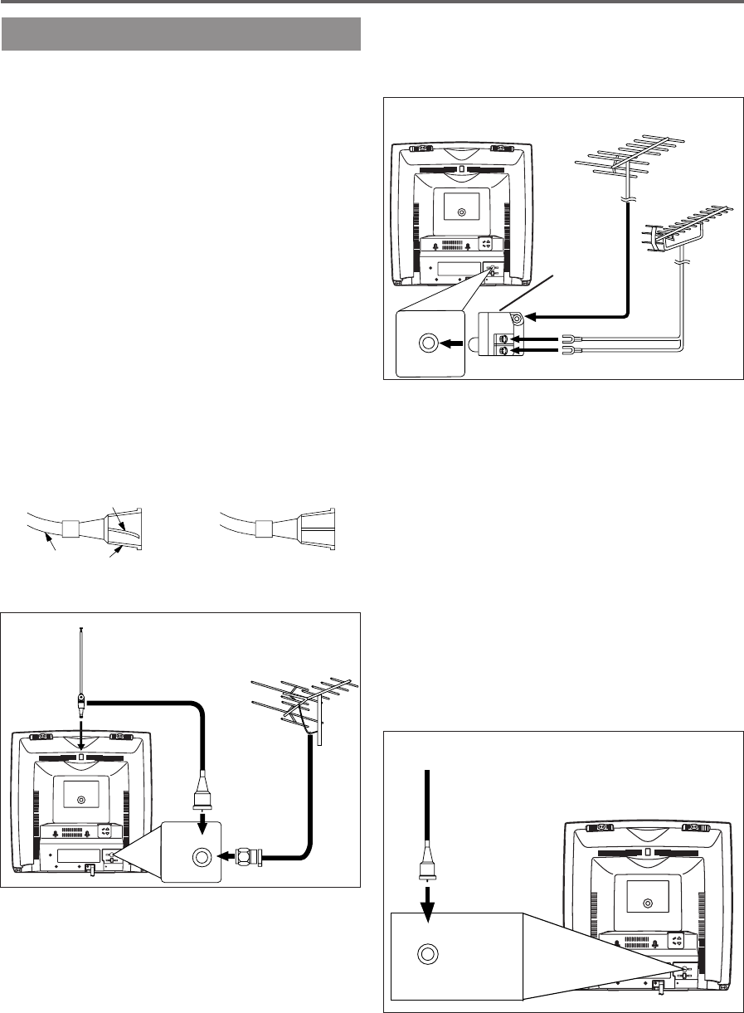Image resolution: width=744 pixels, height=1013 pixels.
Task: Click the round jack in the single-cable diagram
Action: [x=427, y=954]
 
